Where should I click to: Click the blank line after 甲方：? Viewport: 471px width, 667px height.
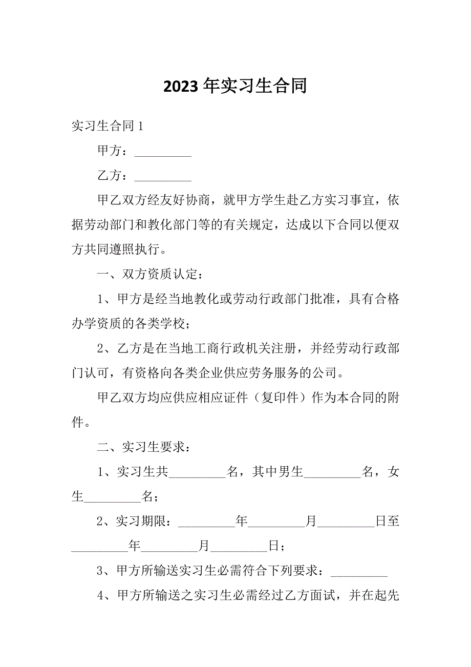(162, 153)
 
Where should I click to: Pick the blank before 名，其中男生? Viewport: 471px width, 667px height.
(197, 472)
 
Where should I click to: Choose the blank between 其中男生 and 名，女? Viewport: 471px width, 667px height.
(333, 472)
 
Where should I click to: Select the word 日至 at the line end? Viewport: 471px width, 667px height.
(388, 522)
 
